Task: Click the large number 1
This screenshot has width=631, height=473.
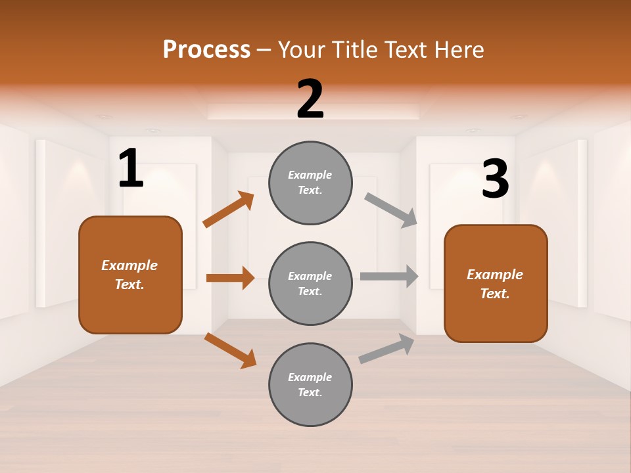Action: click(x=131, y=169)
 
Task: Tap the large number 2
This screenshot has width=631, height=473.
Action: click(x=310, y=99)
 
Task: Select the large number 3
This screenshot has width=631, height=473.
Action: click(x=496, y=179)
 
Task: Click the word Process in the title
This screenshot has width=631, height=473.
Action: click(x=206, y=49)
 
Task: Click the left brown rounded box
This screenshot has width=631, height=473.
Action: click(x=130, y=275)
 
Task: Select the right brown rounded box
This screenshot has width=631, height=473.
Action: click(x=496, y=283)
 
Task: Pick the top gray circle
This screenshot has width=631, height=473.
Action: click(x=310, y=183)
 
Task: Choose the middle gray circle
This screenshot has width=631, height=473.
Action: click(x=310, y=283)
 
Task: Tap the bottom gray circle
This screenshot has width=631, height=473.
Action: click(x=310, y=384)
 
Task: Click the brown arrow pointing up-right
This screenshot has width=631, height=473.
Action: click(x=229, y=210)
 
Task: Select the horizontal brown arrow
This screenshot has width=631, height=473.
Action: click(x=230, y=278)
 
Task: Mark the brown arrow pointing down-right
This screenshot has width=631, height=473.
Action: click(x=230, y=350)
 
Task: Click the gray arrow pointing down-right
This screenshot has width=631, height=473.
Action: click(x=392, y=210)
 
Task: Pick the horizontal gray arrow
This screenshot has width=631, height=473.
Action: click(x=389, y=277)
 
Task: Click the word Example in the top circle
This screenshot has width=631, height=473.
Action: click(x=310, y=175)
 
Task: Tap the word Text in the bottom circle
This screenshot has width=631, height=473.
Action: click(x=310, y=392)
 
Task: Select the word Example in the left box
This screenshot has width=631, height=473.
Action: click(x=129, y=265)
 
